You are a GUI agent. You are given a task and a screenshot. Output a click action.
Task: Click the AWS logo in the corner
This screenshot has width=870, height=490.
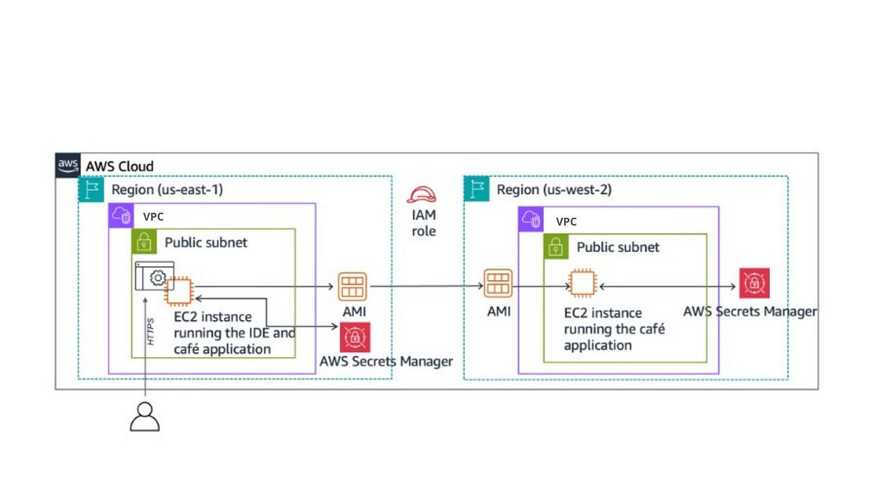tap(68, 166)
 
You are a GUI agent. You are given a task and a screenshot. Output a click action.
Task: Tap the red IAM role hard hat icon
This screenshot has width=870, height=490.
tap(421, 195)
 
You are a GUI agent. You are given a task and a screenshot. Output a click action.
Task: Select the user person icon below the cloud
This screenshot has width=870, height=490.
tap(145, 417)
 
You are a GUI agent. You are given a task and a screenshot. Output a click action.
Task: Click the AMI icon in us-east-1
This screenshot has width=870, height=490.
tap(352, 287)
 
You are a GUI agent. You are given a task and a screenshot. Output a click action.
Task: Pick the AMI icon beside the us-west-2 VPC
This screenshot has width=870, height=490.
tap(498, 284)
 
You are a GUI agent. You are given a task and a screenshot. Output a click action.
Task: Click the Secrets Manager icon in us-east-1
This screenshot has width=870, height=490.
tap(355, 337)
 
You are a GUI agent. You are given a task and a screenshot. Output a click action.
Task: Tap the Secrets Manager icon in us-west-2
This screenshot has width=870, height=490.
tap(754, 283)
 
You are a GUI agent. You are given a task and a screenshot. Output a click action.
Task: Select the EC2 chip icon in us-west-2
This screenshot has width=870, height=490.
tap(582, 283)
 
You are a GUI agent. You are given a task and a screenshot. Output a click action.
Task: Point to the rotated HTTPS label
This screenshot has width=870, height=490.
tap(151, 332)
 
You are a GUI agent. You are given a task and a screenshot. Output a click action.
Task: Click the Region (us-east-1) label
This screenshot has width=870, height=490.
tap(167, 189)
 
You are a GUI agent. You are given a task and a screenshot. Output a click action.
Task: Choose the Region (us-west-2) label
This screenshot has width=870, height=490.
tap(554, 189)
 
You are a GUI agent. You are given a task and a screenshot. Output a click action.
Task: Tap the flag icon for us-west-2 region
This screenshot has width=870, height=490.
tap(476, 189)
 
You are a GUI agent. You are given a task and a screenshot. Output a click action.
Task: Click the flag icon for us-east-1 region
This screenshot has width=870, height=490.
tap(91, 189)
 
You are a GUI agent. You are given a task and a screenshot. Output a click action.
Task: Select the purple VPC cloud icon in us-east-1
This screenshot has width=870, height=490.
tap(121, 216)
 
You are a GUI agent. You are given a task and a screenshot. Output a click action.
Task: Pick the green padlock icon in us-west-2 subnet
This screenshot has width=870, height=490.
tap(556, 247)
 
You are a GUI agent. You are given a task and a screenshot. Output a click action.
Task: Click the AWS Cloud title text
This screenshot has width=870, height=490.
tap(120, 166)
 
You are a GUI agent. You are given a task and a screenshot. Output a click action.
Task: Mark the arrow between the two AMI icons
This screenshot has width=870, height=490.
tap(427, 286)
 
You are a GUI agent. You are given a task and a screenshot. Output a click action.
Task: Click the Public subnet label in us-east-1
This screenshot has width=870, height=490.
tap(206, 242)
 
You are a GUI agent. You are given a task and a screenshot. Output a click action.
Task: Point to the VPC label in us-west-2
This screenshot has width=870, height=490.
tap(566, 221)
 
